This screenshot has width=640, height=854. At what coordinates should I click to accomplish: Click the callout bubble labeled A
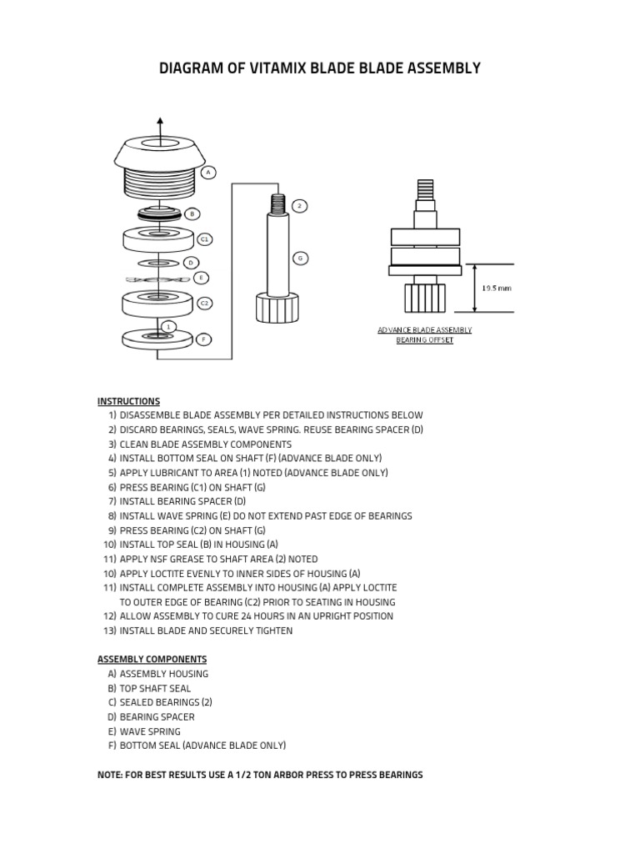click(208, 173)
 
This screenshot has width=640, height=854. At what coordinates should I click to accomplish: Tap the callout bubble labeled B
click(191, 213)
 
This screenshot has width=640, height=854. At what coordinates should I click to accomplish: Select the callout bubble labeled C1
click(204, 239)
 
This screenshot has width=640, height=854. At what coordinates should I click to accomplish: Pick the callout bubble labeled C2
click(204, 303)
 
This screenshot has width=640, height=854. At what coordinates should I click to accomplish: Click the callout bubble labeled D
click(191, 262)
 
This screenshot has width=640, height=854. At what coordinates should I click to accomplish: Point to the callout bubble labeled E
click(201, 278)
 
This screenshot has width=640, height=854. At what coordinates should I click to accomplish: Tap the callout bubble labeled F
click(204, 339)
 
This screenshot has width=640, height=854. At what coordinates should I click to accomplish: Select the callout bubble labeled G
click(300, 259)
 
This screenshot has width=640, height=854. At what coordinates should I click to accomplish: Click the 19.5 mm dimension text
click(497, 288)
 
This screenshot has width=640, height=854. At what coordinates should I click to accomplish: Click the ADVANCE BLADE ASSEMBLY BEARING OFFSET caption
click(424, 335)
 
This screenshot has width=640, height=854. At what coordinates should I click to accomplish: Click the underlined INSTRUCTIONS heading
click(128, 401)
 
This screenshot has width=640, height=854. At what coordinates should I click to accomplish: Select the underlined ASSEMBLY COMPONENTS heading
click(152, 659)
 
